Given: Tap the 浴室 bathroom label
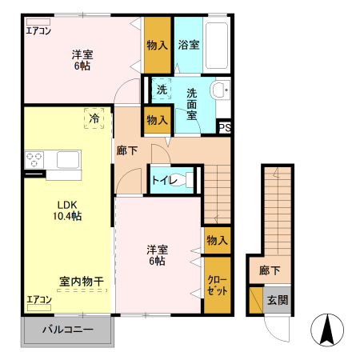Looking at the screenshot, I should click(190, 44).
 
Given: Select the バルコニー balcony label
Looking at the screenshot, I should click(68, 329).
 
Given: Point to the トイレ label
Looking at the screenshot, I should click(164, 180).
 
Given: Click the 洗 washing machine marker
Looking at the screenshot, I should click(162, 89).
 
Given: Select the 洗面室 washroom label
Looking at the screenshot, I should click(192, 103).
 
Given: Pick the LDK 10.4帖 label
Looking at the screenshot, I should click(68, 210).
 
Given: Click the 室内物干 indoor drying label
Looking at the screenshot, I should click(81, 281).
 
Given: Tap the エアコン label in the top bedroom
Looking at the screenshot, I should click(38, 31).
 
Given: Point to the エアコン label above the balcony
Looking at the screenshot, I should click(38, 300).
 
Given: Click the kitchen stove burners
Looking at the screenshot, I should click(34, 161).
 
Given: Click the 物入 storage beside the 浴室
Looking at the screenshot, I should click(157, 45).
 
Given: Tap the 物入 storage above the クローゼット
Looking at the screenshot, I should click(217, 240).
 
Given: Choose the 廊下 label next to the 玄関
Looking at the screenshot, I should click(270, 271).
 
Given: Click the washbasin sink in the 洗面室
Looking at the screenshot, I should click(220, 89).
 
